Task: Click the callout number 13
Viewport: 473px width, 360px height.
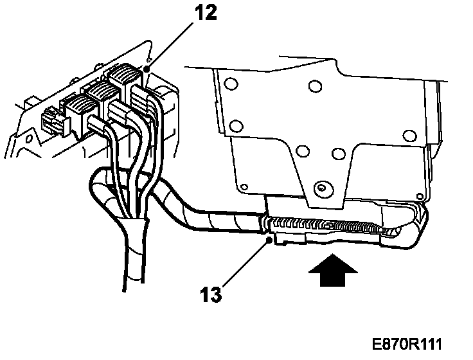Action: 211,295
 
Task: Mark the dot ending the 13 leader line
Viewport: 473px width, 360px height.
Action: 268,240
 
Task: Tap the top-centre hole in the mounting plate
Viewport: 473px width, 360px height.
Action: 314,85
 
